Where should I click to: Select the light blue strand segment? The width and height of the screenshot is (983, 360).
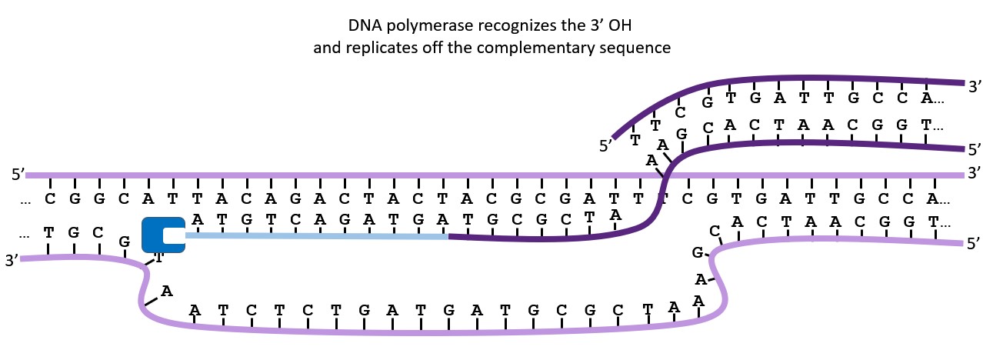[315, 236]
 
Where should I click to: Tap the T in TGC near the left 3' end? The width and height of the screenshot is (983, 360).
[49, 232]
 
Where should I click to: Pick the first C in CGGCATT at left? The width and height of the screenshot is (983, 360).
[50, 199]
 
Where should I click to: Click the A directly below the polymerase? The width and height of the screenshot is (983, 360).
[166, 291]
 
